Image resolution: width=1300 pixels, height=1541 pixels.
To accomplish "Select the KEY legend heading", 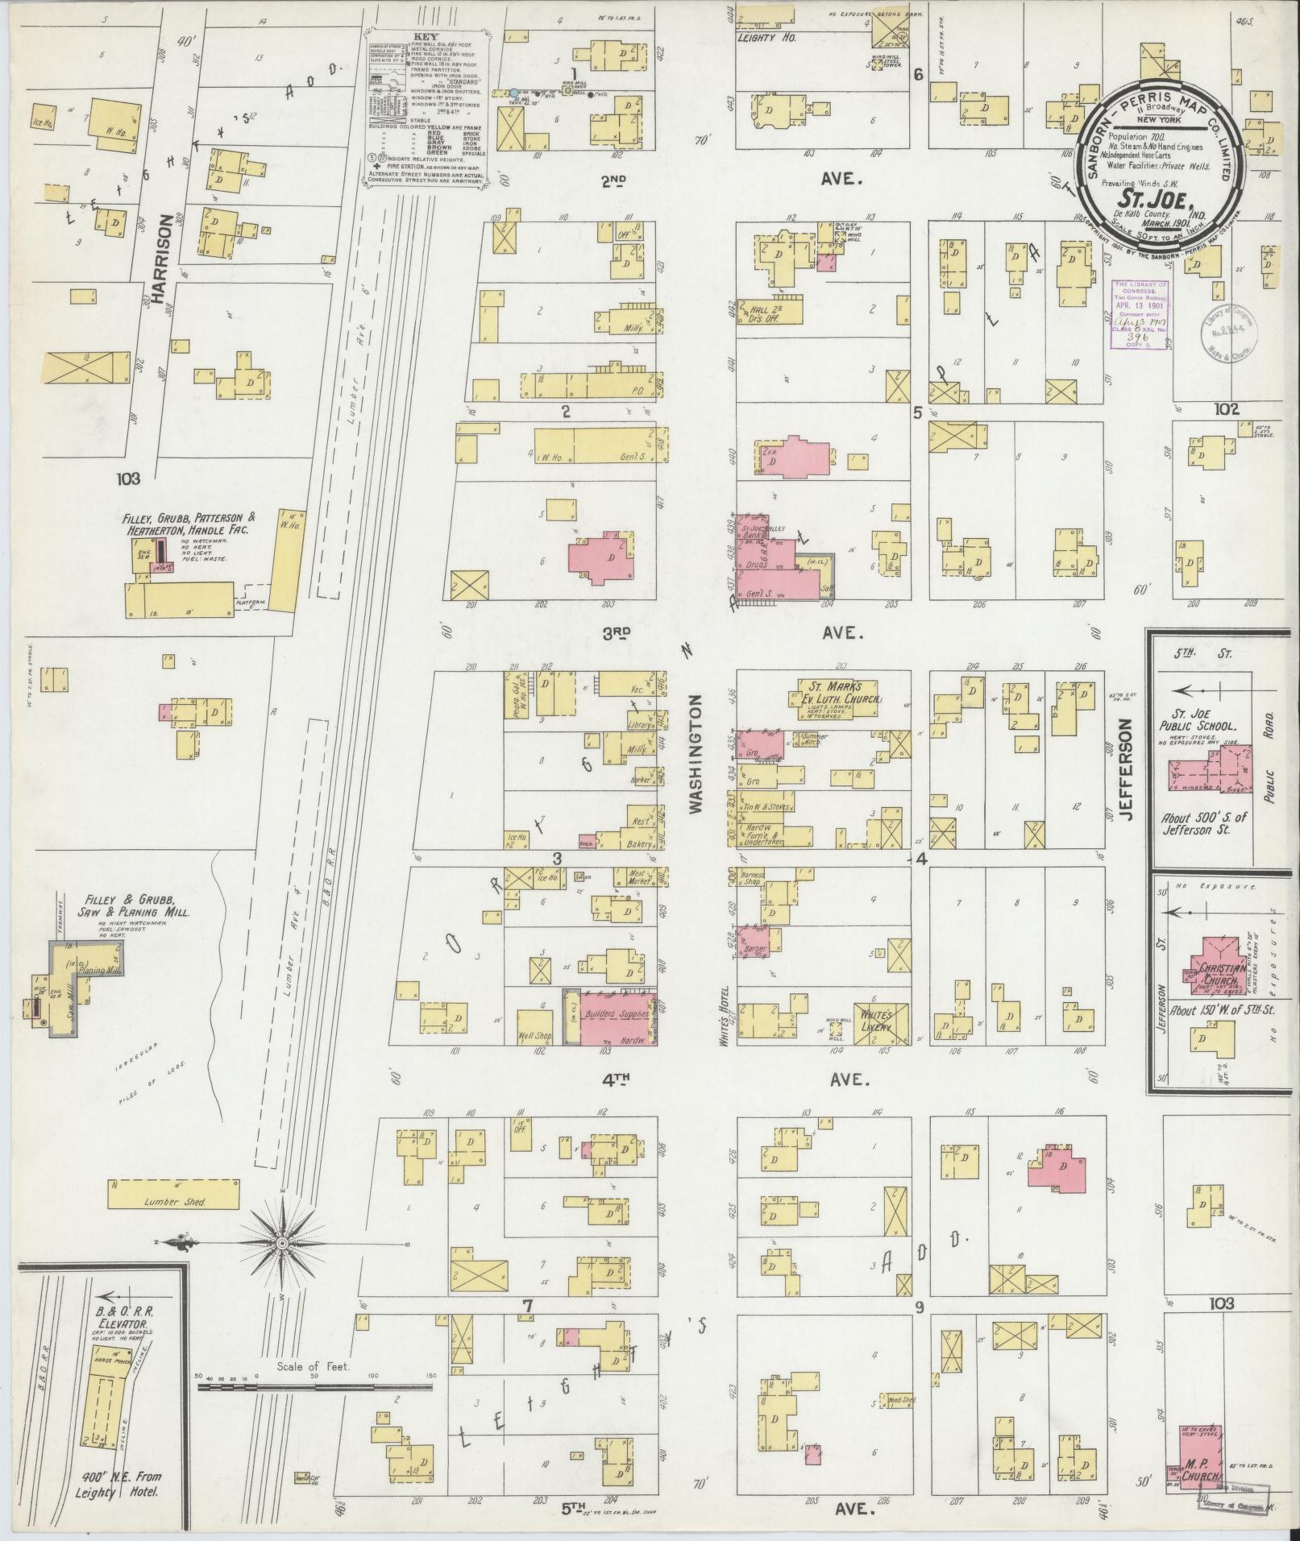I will [424, 37].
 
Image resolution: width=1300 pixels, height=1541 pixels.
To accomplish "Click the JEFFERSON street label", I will [1127, 770].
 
